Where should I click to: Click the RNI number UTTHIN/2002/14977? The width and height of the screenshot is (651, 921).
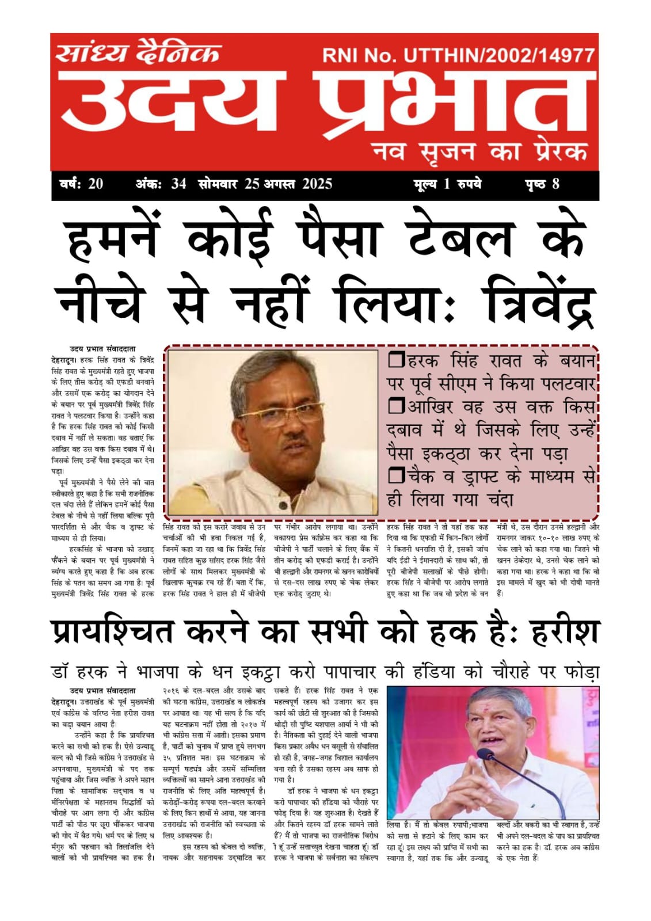(458, 55)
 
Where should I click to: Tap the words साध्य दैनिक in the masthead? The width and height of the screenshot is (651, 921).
(138, 53)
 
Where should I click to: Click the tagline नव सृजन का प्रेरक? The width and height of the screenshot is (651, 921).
(480, 152)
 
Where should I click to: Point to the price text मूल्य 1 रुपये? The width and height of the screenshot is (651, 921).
(447, 184)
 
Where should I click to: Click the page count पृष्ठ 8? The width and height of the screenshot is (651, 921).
(542, 184)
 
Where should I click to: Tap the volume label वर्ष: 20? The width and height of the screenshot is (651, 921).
(81, 184)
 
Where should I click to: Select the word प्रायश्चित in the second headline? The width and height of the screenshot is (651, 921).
(112, 631)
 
